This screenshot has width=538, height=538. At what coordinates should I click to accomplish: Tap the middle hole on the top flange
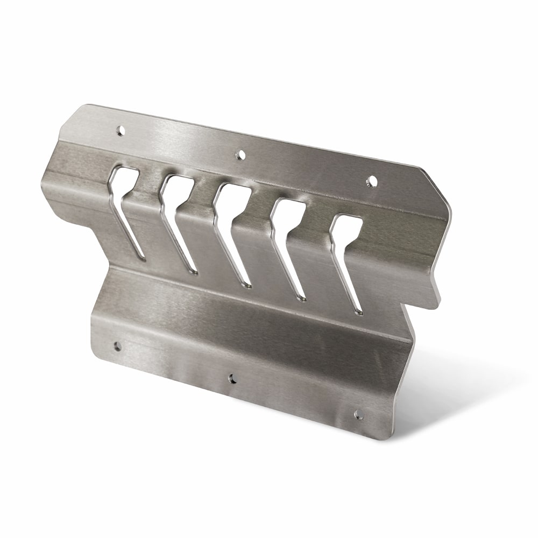pyautogui.click(x=241, y=155)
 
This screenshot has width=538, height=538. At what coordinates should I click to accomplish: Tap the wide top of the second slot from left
pyautogui.click(x=177, y=188)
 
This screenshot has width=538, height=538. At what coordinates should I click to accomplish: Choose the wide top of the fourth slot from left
pyautogui.click(x=289, y=212)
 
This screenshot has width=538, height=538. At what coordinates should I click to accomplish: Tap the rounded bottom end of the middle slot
pyautogui.click(x=247, y=285)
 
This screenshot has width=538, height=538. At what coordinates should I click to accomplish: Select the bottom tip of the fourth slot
pyautogui.click(x=302, y=298)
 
